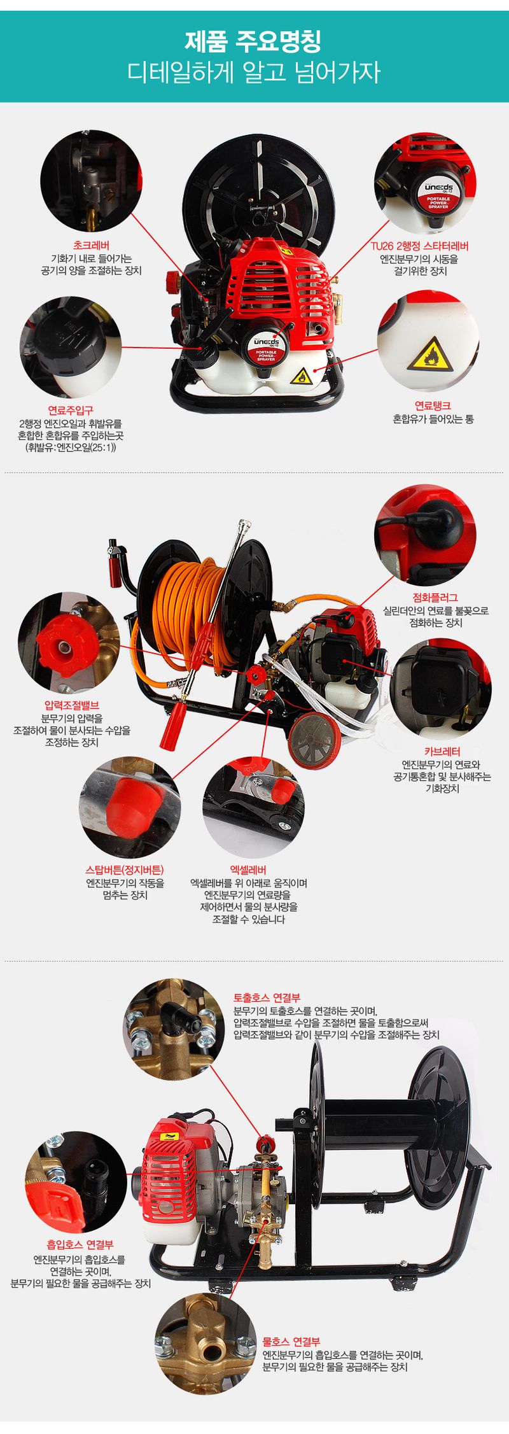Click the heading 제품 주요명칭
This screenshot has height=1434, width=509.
click(254, 42)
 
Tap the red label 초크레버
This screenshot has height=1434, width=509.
click(91, 246)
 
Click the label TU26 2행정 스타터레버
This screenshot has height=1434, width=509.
click(420, 246)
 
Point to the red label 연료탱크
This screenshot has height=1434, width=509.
click(433, 405)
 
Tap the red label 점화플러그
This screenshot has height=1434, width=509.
click(436, 597)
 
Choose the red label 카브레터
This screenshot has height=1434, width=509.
click(442, 751)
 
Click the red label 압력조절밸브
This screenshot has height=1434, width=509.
click(72, 705)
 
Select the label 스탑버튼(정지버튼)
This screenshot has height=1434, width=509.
click(125, 870)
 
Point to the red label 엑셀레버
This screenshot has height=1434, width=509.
click(248, 870)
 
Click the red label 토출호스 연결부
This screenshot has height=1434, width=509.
click(267, 997)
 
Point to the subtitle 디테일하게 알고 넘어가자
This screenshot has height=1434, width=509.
click(254, 72)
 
